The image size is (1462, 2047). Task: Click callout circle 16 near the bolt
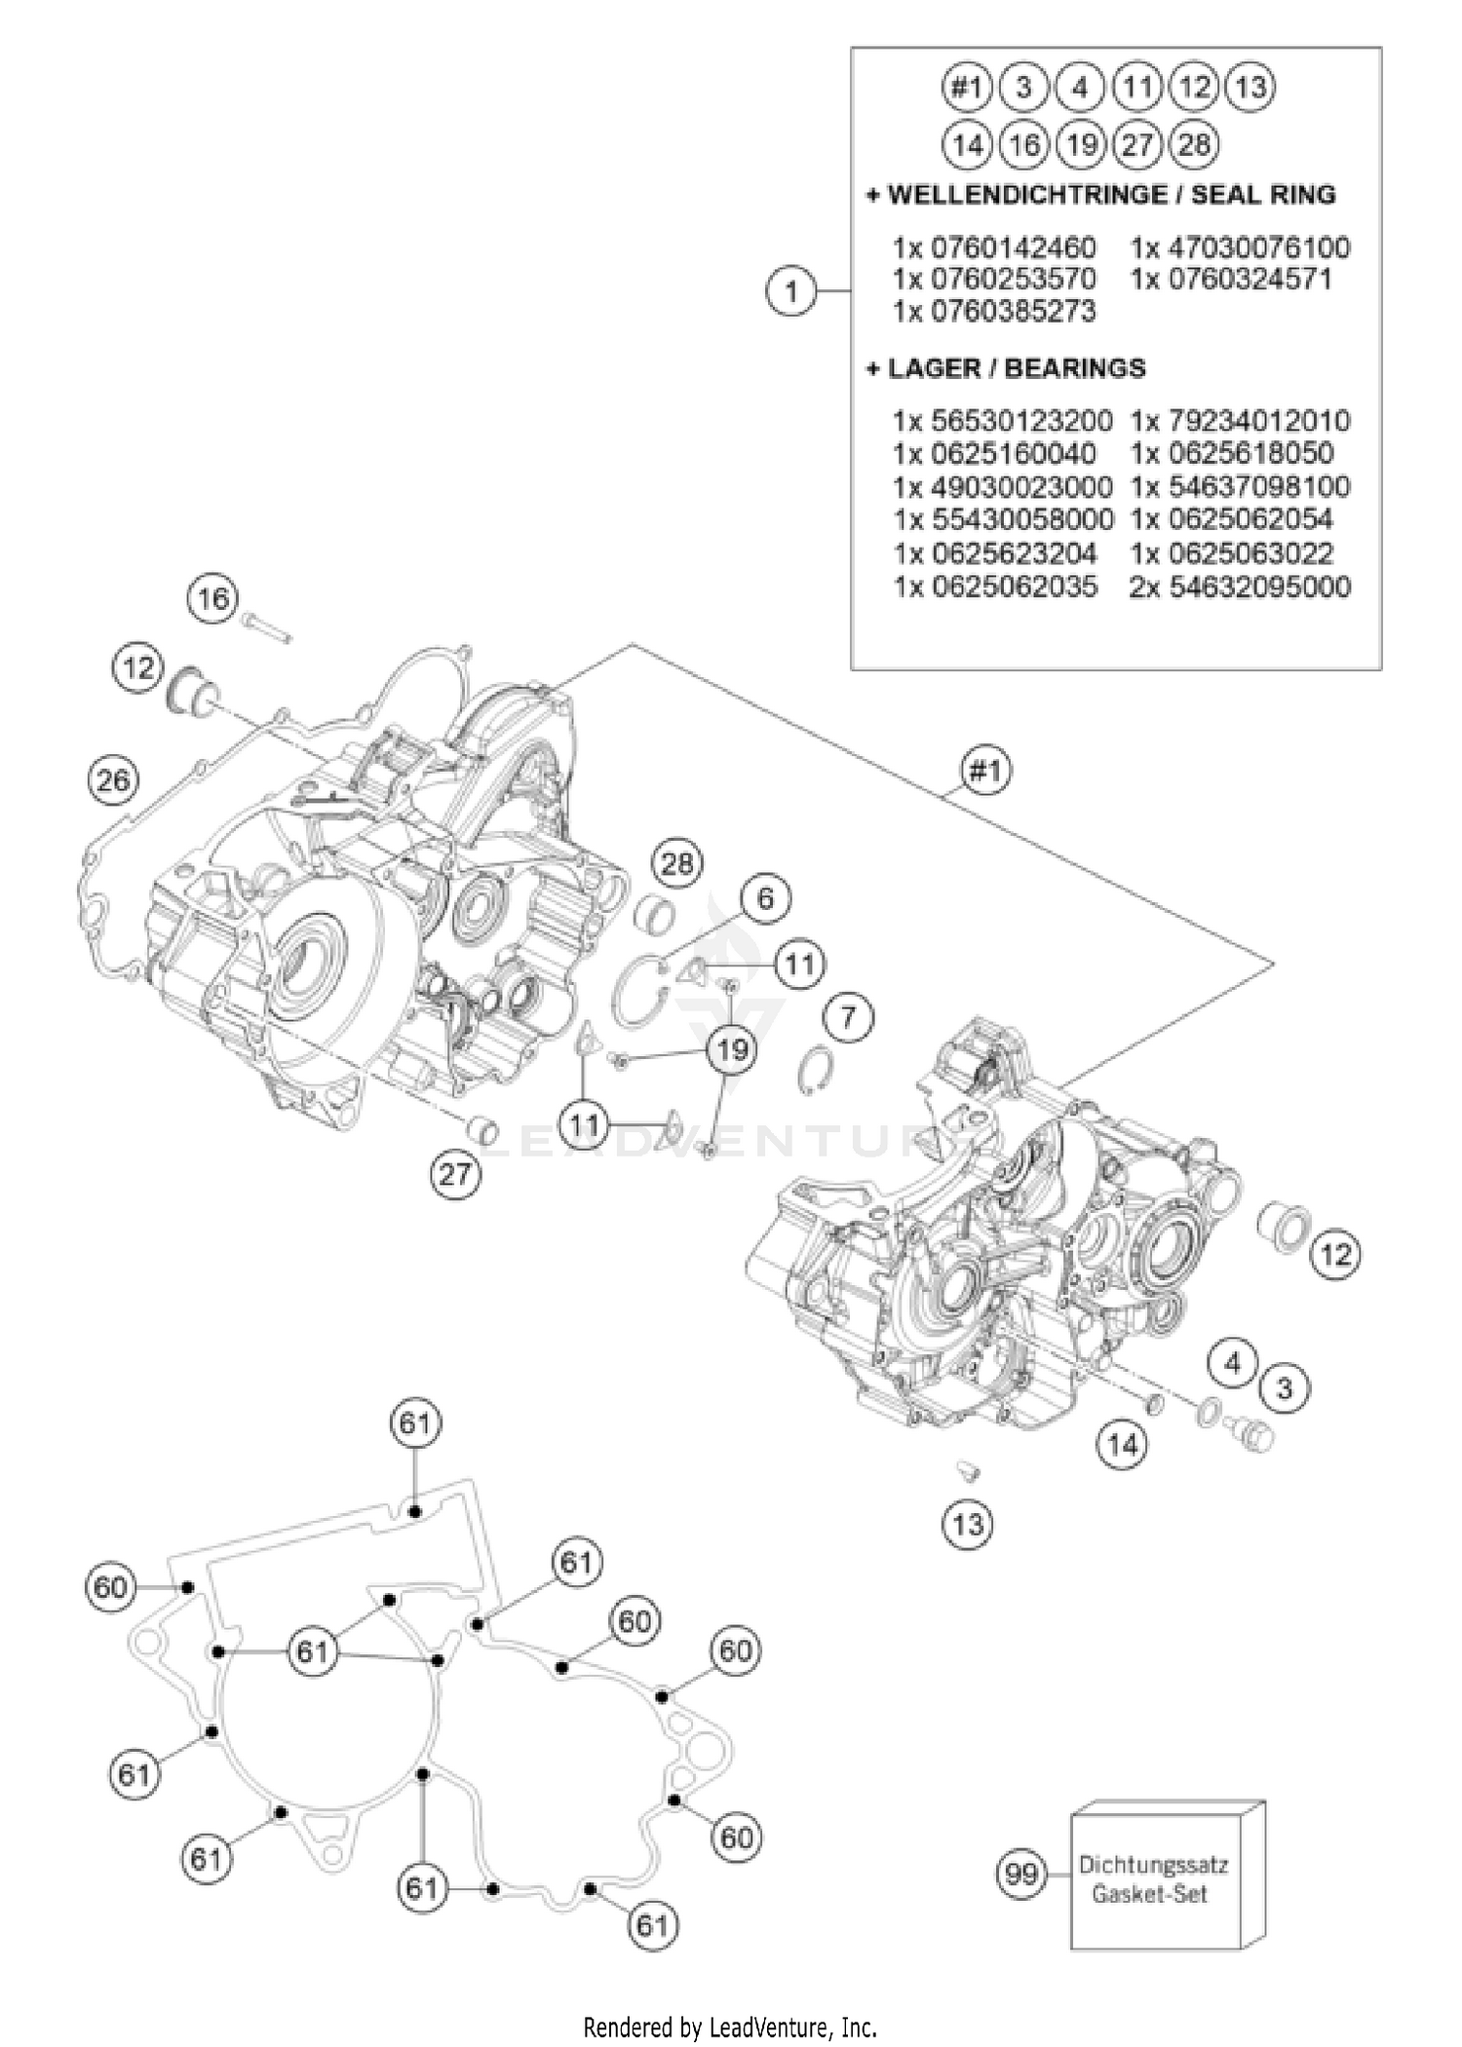click(x=213, y=598)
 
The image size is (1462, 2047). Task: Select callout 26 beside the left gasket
click(x=113, y=780)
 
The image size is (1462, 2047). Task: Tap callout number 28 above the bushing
click(x=677, y=863)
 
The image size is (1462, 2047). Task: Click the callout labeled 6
click(x=765, y=897)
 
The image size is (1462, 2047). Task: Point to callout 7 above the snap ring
click(x=848, y=1018)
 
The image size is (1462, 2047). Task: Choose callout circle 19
click(x=732, y=1049)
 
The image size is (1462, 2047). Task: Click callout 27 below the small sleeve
click(x=455, y=1175)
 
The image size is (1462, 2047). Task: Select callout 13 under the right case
click(x=968, y=1523)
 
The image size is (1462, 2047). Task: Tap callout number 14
click(x=1122, y=1444)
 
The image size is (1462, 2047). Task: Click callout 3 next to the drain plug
click(x=1284, y=1387)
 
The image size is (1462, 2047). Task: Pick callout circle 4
click(x=1233, y=1362)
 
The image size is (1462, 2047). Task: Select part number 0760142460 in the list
click(x=995, y=247)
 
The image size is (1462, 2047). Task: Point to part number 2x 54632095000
click(x=1240, y=587)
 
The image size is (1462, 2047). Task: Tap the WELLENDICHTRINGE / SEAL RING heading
click(x=1101, y=195)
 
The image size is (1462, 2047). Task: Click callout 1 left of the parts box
click(x=790, y=291)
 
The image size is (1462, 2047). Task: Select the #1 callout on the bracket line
click(x=985, y=772)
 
